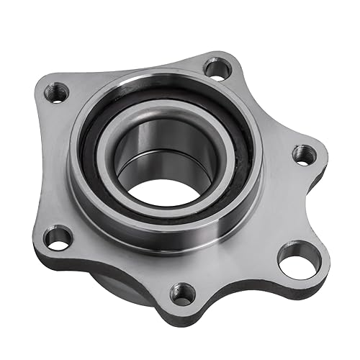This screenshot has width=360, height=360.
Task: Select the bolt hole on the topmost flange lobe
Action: pos(215,69)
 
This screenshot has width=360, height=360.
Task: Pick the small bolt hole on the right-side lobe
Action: pos(304,153)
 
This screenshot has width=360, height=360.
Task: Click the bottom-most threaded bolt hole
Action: pos(184,293)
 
